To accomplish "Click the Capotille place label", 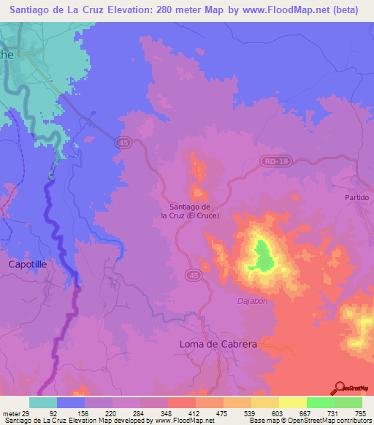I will tap(27, 264).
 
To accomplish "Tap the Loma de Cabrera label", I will tap(218, 343).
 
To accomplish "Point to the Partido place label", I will tap(358, 198).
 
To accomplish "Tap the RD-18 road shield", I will tap(271, 160).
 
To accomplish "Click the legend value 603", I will tap(278, 414).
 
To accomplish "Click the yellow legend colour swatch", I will tap(293, 402).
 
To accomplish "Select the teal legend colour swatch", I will tap(43, 402).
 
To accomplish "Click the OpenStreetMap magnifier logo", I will tap(339, 388).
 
